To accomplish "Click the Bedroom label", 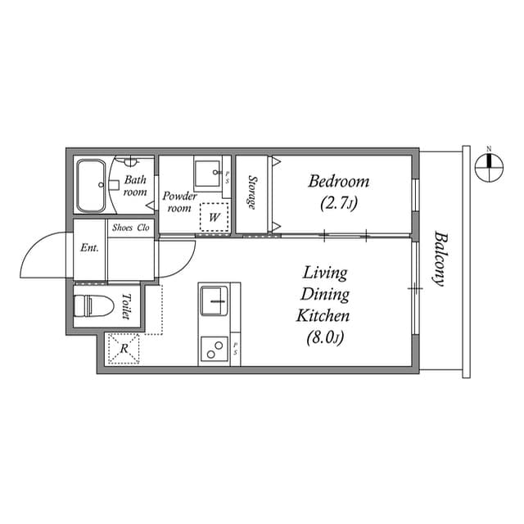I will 338,181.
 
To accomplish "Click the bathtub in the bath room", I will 90,187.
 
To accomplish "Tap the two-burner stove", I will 215,350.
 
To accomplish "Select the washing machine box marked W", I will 214,217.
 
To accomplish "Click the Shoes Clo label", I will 131,228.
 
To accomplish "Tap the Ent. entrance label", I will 89,248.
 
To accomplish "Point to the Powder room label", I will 179,201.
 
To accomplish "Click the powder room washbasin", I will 207,174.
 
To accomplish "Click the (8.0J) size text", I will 326,336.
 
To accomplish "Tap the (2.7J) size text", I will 338,201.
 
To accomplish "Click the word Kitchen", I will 326,315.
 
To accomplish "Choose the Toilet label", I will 126,305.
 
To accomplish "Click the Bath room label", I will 135,186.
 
